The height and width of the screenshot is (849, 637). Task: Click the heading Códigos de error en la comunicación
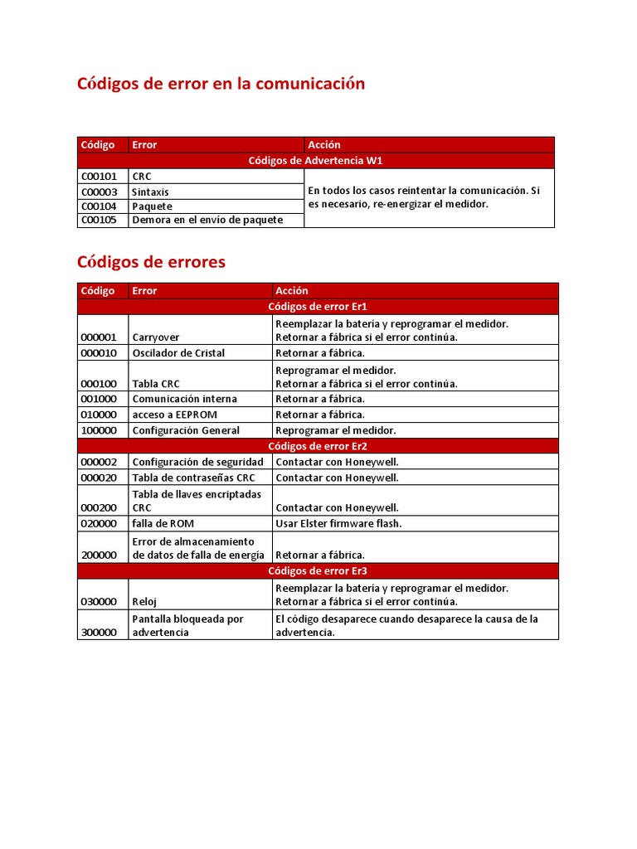[221, 84]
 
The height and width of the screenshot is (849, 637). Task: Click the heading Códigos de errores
[151, 262]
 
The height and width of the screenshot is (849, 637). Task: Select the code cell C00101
[99, 177]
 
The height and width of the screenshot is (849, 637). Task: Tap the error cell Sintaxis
[150, 192]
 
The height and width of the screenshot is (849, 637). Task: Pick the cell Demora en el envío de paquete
[207, 220]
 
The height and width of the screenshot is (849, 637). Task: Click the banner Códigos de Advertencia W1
[315, 160]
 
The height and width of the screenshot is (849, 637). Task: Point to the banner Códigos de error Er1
[318, 307]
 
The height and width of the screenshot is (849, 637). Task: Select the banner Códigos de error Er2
[318, 446]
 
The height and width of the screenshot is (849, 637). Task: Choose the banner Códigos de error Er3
[318, 571]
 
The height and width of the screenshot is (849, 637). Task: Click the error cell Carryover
[156, 337]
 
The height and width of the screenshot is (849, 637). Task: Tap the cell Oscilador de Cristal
[178, 353]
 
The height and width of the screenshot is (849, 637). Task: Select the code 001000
[99, 399]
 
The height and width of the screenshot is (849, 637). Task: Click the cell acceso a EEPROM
[167, 415]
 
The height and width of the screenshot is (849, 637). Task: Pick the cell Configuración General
[186, 430]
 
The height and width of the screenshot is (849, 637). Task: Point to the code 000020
[99, 478]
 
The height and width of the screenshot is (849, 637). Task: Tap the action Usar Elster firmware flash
[338, 524]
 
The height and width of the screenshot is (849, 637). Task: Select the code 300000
[99, 633]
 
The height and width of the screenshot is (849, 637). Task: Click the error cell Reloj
[145, 602]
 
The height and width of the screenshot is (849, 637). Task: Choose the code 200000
[99, 555]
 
